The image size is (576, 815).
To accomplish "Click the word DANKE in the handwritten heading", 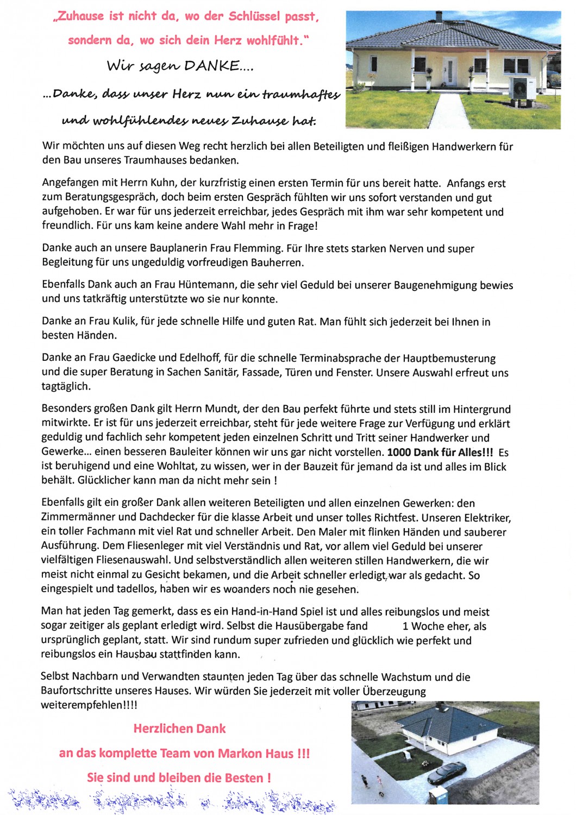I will (211, 66).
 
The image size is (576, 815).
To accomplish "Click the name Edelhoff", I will (201, 358).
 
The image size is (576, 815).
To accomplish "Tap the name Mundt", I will (219, 409).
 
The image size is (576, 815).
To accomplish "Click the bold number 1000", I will (399, 452).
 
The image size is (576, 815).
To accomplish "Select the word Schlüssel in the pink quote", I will (255, 16).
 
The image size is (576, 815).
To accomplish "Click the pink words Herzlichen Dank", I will (179, 729).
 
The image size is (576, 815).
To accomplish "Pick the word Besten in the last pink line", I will (244, 778).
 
